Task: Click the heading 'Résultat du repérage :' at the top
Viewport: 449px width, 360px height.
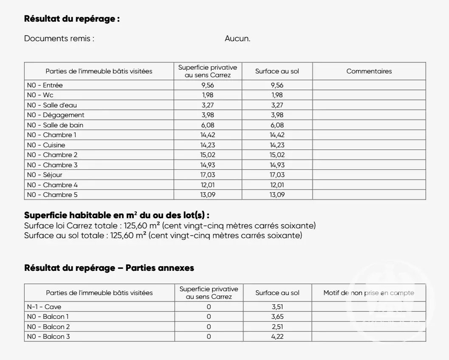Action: pos(72,19)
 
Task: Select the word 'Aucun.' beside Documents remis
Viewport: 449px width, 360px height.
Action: pos(237,39)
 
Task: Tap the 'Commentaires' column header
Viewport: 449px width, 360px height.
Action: pos(369,71)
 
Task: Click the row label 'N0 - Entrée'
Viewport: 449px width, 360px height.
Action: pos(45,85)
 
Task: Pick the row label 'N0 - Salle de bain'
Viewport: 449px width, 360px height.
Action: pos(55,125)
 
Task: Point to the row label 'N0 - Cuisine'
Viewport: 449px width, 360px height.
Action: pos(46,145)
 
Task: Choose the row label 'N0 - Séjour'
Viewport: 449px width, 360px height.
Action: pos(45,175)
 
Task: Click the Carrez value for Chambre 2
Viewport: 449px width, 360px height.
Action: pos(208,155)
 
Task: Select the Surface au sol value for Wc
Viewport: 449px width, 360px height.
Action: pos(277,95)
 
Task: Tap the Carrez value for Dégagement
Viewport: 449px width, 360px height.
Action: pos(208,115)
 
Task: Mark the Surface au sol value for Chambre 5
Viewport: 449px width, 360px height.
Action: pos(277,195)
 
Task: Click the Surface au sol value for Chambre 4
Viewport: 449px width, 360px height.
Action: pos(277,185)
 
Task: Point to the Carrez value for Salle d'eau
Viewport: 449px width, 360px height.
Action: pos(208,105)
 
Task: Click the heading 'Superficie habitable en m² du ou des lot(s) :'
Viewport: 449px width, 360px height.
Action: pos(117,215)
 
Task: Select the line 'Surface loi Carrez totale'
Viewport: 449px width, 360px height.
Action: pos(170,225)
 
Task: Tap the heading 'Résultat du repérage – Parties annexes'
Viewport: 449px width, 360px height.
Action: pos(109,268)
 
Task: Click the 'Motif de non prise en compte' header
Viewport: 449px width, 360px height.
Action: pos(369,293)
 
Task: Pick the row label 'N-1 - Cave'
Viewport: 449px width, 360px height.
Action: pos(44,307)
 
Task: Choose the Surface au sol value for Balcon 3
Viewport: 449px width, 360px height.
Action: pos(277,337)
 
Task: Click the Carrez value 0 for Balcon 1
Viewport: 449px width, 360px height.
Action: pos(209,317)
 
